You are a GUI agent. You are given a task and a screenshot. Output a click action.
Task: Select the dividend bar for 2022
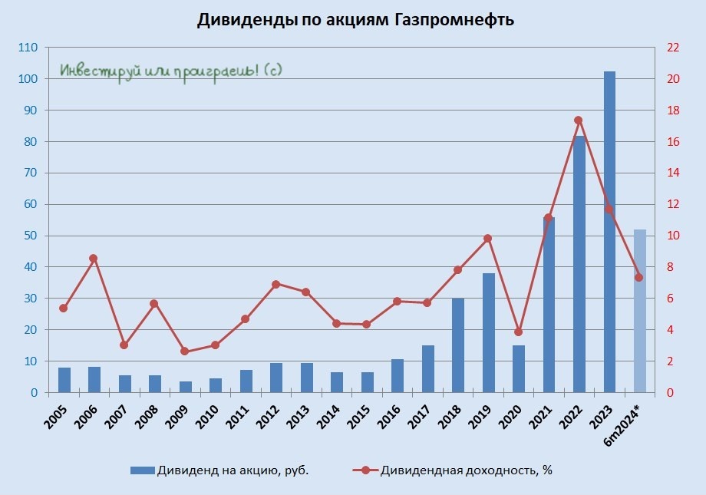coord(579,264)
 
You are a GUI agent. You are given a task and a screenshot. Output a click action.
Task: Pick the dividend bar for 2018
coord(458,345)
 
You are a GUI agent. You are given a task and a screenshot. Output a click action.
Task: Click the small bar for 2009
coord(185,387)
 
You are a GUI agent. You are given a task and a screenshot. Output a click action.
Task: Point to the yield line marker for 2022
coord(579,120)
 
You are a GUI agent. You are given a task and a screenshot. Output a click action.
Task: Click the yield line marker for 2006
coord(94,259)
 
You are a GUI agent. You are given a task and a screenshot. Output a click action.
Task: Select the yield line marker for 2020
coord(518,332)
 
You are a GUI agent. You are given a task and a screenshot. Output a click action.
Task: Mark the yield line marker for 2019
coord(488,239)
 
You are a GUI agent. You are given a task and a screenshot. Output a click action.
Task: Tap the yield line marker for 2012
coord(275,284)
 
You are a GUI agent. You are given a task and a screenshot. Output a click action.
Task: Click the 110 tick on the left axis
coord(28,48)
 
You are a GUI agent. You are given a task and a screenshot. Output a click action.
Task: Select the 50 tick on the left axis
coord(30,236)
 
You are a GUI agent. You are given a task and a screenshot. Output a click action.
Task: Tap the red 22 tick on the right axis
coord(674,48)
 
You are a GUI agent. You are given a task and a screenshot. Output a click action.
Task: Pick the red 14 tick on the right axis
coord(674,173)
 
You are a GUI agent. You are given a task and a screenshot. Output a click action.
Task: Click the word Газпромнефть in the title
coord(454,21)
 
